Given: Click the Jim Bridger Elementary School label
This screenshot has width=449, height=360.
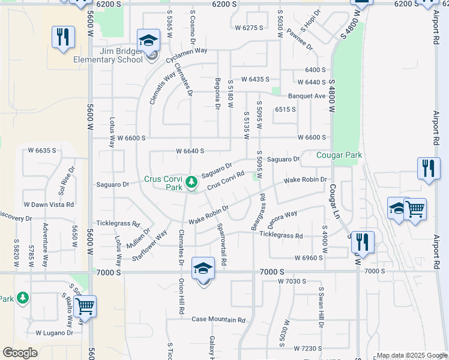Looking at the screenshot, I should click(x=107, y=55).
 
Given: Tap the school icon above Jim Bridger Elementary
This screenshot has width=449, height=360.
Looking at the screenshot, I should click(x=148, y=41).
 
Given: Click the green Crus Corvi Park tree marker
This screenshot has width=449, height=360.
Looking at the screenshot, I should click(x=191, y=181).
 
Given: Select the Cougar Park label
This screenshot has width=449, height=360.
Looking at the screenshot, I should click(x=339, y=155).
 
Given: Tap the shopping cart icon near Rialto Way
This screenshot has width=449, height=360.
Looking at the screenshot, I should click(x=85, y=307).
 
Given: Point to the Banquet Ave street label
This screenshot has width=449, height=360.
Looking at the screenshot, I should click(x=306, y=96).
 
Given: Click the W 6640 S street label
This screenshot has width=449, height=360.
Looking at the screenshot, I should click(x=190, y=151).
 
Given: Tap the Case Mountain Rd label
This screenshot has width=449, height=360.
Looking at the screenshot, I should click(x=218, y=320).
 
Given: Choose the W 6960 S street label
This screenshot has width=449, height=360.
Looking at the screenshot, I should click(x=309, y=257).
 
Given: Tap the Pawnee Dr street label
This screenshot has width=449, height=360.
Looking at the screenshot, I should click(x=299, y=38).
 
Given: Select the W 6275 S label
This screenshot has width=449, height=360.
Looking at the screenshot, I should click(x=249, y=28).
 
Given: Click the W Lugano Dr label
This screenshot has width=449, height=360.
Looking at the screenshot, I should click(x=54, y=332).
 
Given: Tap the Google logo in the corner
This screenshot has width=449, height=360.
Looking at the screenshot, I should click(x=20, y=353).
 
